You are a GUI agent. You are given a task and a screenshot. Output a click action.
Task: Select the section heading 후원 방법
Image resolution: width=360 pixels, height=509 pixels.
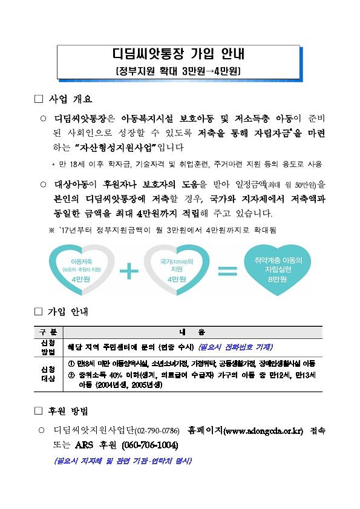(68, 412)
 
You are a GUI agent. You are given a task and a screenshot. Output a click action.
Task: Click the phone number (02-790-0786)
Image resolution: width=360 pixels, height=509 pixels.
(157, 431)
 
